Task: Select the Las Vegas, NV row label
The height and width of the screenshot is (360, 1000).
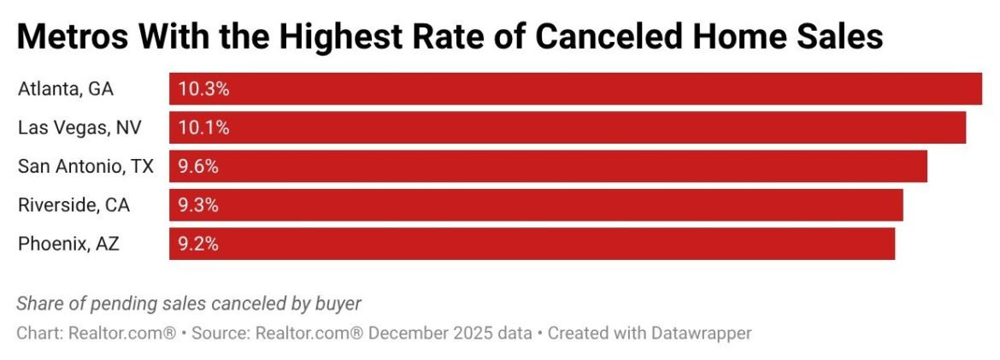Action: [79, 127]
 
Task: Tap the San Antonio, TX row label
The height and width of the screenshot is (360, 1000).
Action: [85, 166]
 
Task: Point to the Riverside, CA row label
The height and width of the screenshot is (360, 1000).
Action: [74, 205]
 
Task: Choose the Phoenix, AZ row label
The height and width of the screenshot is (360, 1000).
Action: [68, 244]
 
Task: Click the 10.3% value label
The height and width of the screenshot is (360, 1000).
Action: [203, 89]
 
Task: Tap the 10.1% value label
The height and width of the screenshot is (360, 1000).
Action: [203, 127]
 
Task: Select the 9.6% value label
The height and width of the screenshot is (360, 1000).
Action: [198, 166]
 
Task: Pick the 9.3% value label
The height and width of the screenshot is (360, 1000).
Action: [198, 205]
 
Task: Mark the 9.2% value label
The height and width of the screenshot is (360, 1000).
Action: [198, 244]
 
